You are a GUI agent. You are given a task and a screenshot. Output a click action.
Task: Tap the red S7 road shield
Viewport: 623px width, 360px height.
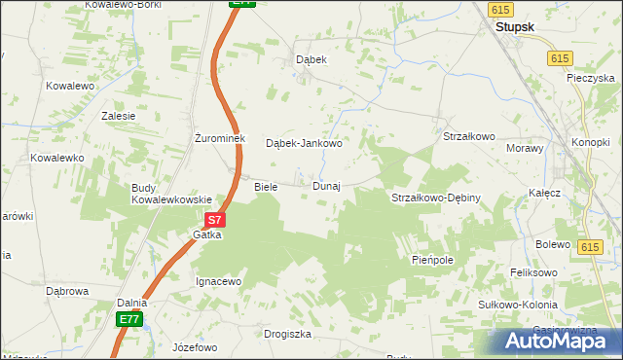click(217, 221)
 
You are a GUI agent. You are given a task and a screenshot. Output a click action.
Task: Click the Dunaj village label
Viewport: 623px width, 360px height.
click(326, 186)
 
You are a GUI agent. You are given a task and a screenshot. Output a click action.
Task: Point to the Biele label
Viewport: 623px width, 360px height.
click(266, 186)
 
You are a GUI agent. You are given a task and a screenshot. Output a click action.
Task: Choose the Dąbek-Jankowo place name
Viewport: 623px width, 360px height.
click(304, 144)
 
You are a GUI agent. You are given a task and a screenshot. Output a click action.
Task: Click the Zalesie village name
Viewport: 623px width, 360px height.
click(118, 115)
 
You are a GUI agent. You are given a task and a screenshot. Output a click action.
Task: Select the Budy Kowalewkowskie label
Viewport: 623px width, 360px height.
click(171, 193)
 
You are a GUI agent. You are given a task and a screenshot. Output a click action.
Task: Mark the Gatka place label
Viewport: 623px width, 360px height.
click(206, 234)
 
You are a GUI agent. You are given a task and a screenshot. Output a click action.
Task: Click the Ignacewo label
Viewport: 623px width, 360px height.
click(218, 281)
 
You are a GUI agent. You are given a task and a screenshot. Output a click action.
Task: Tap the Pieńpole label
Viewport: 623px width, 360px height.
click(432, 261)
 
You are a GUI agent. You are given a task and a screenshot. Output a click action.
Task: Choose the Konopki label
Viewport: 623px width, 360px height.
click(590, 142)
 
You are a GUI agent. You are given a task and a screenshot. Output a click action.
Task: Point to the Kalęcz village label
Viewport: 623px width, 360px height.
click(545, 193)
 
